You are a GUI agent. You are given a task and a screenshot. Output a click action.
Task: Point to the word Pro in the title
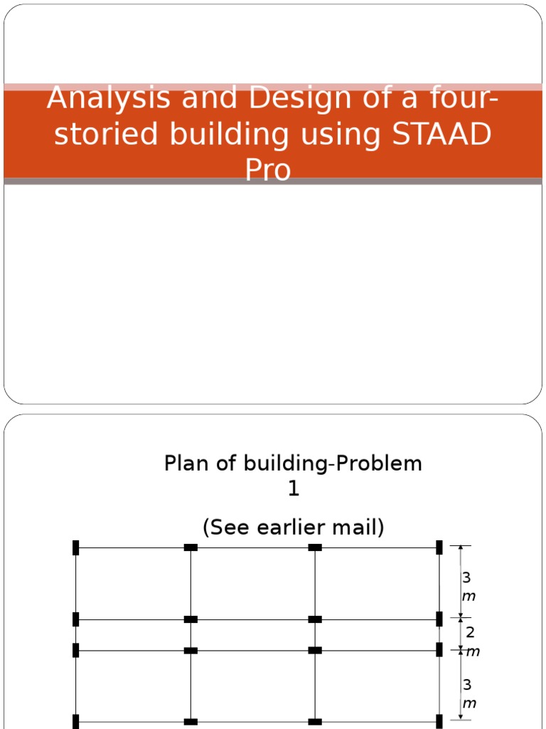tap(268, 169)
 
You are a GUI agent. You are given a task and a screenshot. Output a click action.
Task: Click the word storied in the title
tap(102, 134)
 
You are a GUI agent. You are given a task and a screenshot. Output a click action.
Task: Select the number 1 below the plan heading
tap(294, 489)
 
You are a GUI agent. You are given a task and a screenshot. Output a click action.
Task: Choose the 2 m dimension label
tap(470, 640)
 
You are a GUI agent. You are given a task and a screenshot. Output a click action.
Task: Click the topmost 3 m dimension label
tap(468, 586)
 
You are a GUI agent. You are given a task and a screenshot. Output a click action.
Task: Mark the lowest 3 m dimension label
tap(468, 693)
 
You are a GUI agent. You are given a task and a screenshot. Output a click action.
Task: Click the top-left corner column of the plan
tap(75, 547)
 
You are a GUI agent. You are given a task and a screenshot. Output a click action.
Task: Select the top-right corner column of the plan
tap(439, 547)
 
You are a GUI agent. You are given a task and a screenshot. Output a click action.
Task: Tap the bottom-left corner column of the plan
tap(75, 721)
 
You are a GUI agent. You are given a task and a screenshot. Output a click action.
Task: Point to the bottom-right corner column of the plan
tap(439, 721)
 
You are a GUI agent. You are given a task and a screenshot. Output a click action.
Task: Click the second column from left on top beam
tap(191, 547)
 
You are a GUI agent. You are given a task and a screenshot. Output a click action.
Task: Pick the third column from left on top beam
tap(315, 547)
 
